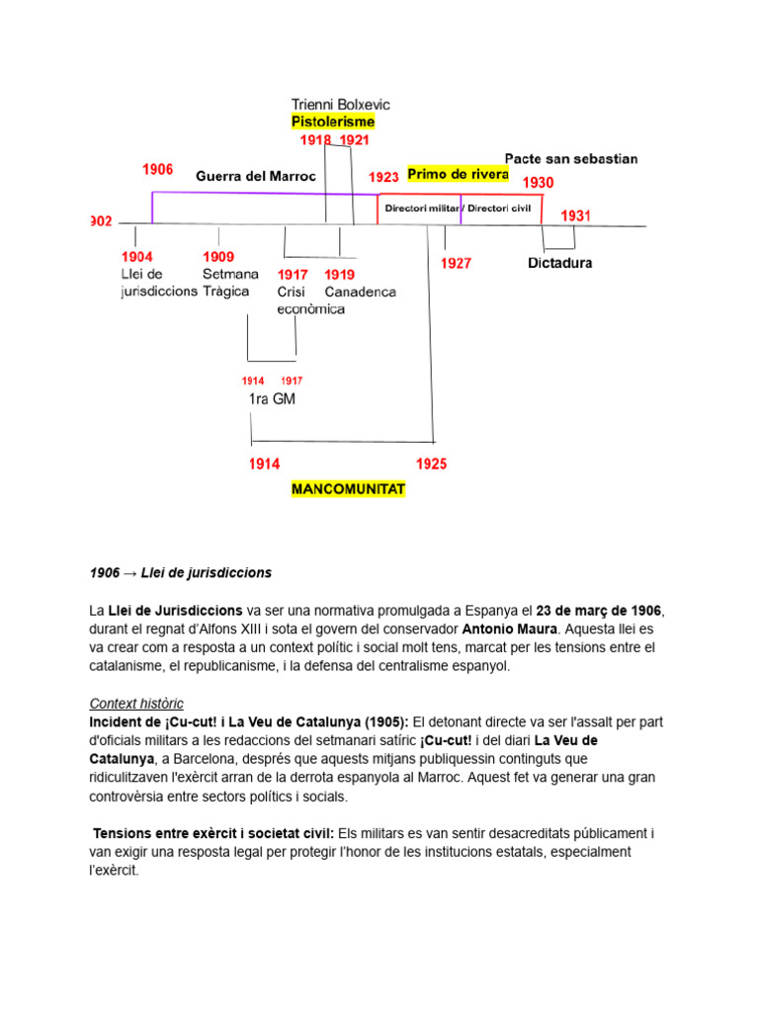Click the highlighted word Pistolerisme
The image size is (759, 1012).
coord(333,122)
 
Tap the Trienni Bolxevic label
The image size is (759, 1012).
coord(341,104)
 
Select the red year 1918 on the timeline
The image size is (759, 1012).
coord(315,140)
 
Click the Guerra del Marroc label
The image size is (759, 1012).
coord(256,176)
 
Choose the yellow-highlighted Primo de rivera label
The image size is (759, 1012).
coord(458,174)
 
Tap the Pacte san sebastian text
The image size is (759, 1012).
coord(571,158)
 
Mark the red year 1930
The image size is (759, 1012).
coord(539,183)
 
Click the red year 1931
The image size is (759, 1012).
coord(576,215)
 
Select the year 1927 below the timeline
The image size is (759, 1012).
coord(456,264)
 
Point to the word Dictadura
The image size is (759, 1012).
coord(560,264)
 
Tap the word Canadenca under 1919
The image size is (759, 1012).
coord(360,292)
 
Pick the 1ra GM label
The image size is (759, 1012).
coord(272,399)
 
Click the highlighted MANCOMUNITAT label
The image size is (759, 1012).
coord(348,489)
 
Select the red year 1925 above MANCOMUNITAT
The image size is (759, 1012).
coord(431,464)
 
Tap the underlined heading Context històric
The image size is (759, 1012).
coord(136,704)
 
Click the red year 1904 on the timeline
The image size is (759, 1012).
coord(136,256)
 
